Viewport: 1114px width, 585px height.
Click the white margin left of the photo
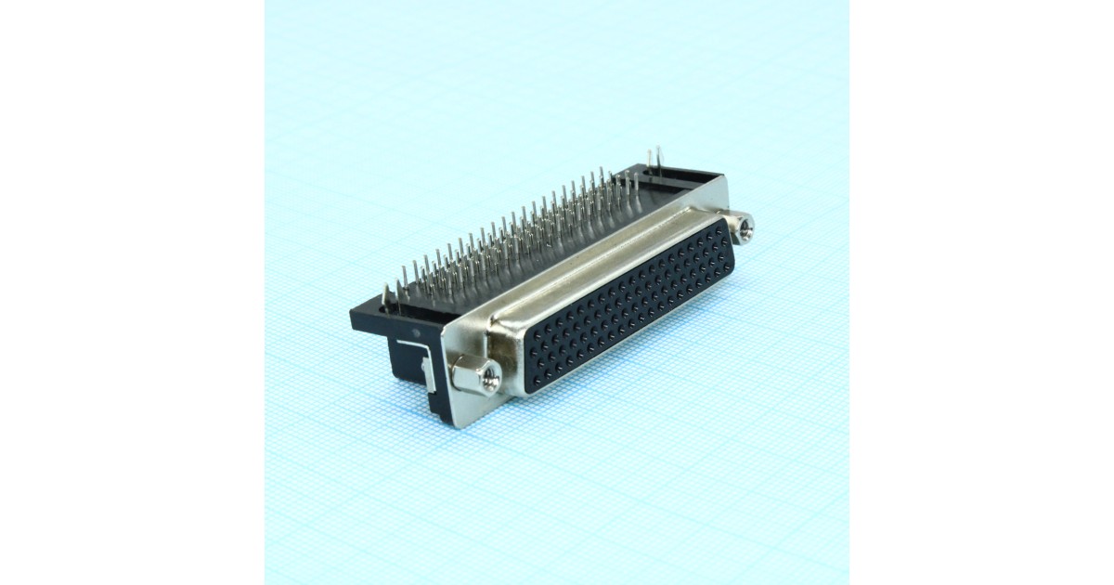coord(130,292)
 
